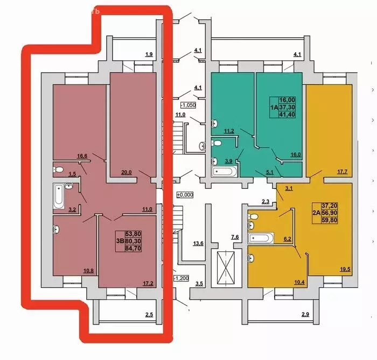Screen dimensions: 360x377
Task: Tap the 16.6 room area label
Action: [x=82, y=156]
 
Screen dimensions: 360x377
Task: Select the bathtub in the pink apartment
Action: [x=59, y=196]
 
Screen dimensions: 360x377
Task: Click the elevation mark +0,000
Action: [x=184, y=195]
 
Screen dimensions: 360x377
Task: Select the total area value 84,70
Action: [x=134, y=249]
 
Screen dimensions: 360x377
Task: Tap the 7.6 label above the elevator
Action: [x=234, y=237]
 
